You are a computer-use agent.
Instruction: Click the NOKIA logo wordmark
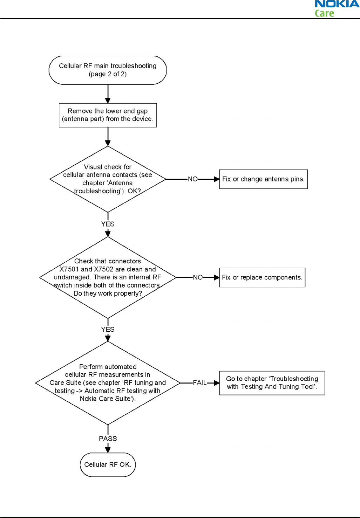(337, 4)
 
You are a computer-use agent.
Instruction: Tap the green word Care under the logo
(324, 13)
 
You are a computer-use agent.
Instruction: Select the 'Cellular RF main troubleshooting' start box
(108, 70)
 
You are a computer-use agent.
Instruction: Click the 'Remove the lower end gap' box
(108, 115)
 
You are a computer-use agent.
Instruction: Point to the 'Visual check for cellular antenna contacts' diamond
(108, 179)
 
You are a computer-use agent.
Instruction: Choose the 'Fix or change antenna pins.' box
(264, 179)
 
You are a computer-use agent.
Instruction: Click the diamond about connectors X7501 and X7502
(108, 277)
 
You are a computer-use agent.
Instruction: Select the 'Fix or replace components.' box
(262, 277)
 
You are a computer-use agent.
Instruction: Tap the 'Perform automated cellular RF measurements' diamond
(108, 383)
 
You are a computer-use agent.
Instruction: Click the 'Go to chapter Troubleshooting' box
(272, 383)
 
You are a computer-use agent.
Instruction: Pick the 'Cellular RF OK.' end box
(108, 464)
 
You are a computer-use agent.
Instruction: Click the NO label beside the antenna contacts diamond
(192, 179)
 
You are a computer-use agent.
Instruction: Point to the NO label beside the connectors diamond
(198, 277)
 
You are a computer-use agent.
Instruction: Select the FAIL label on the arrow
(199, 383)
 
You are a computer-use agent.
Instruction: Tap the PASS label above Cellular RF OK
(108, 439)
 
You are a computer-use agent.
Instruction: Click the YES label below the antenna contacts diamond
(108, 224)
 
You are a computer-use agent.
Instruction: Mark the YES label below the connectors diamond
(108, 329)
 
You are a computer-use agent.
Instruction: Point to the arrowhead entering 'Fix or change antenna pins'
(217, 179)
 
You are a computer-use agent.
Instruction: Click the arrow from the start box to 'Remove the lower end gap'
(108, 94)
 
